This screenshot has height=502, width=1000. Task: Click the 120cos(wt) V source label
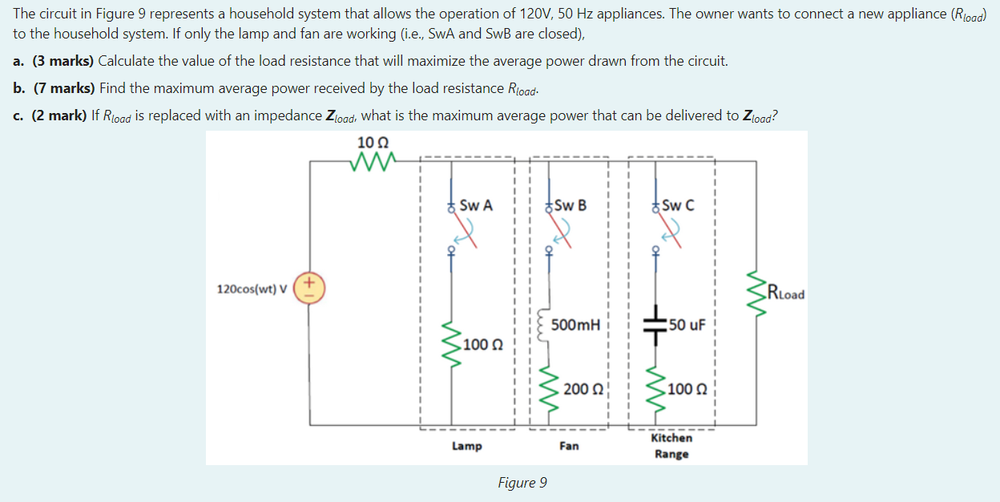[253, 289]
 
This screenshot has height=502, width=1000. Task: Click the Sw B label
[570, 205]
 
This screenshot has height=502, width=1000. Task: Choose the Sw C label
[678, 205]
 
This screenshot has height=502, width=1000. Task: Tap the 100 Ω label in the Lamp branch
[484, 345]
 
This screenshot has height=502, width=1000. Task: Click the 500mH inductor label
[575, 325]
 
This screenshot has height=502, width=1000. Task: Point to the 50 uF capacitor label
[687, 325]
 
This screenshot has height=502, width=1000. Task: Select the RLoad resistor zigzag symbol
[756, 293]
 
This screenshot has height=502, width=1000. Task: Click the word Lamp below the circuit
[466, 446]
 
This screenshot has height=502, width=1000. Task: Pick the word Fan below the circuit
[569, 446]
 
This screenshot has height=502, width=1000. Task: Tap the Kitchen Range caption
[671, 446]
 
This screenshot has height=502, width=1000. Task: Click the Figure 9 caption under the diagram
[522, 482]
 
